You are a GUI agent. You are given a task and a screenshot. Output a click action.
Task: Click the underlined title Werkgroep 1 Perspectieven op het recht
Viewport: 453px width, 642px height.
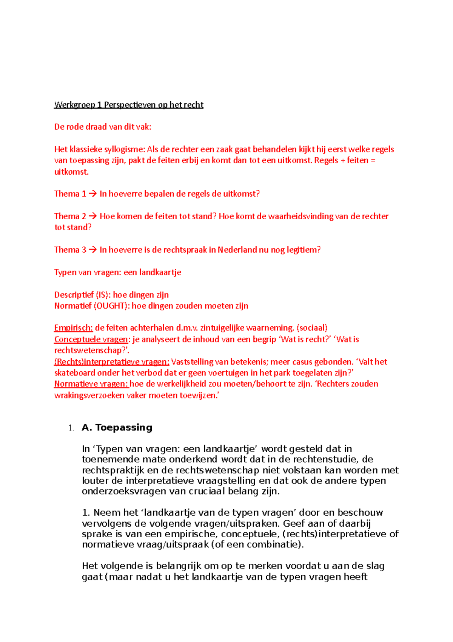pyautogui.click(x=129, y=105)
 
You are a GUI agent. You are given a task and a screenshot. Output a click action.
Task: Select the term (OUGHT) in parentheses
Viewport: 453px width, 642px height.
pyautogui.click(x=110, y=306)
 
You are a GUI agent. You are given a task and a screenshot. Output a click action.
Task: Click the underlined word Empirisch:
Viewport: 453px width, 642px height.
pyautogui.click(x=74, y=328)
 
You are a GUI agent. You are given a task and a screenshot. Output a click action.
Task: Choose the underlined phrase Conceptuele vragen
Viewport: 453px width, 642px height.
pyautogui.click(x=91, y=339)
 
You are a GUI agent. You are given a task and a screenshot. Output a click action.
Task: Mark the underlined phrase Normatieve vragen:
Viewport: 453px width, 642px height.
pyautogui.click(x=91, y=384)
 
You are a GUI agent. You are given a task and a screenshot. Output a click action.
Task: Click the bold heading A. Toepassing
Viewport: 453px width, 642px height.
pyautogui.click(x=117, y=428)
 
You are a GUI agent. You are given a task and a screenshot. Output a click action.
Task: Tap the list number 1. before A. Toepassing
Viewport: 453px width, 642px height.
pyautogui.click(x=71, y=428)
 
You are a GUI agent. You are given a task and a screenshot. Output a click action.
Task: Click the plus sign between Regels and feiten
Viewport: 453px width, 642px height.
pyautogui.click(x=343, y=160)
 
